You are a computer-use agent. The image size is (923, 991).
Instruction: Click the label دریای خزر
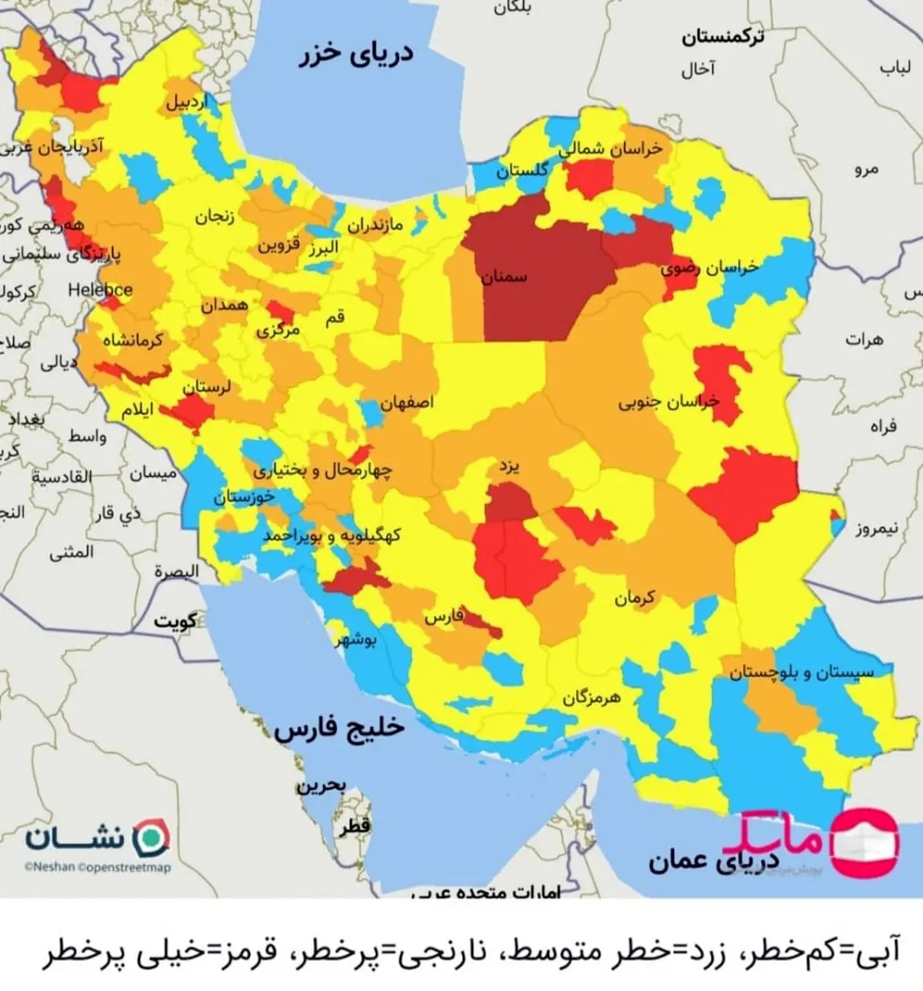356,54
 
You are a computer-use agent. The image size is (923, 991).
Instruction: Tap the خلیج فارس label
339,727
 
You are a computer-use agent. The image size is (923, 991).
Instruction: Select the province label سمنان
505,275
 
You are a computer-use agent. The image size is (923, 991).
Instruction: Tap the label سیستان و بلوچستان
801,672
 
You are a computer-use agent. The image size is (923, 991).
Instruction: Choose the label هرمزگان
591,697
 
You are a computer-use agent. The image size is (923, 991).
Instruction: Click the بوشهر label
355,640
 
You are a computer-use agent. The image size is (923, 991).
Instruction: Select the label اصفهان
407,402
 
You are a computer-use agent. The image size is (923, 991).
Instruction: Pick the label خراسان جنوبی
668,401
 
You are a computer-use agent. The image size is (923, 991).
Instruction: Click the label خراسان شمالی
611,148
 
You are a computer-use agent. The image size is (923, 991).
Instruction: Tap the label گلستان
521,170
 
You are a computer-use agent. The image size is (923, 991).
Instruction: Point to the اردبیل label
187,102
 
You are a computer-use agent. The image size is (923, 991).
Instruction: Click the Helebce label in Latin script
100,290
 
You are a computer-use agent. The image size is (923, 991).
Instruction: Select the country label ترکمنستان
722,36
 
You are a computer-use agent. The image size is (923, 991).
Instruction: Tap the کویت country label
175,620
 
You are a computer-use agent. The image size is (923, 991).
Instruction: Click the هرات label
865,339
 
